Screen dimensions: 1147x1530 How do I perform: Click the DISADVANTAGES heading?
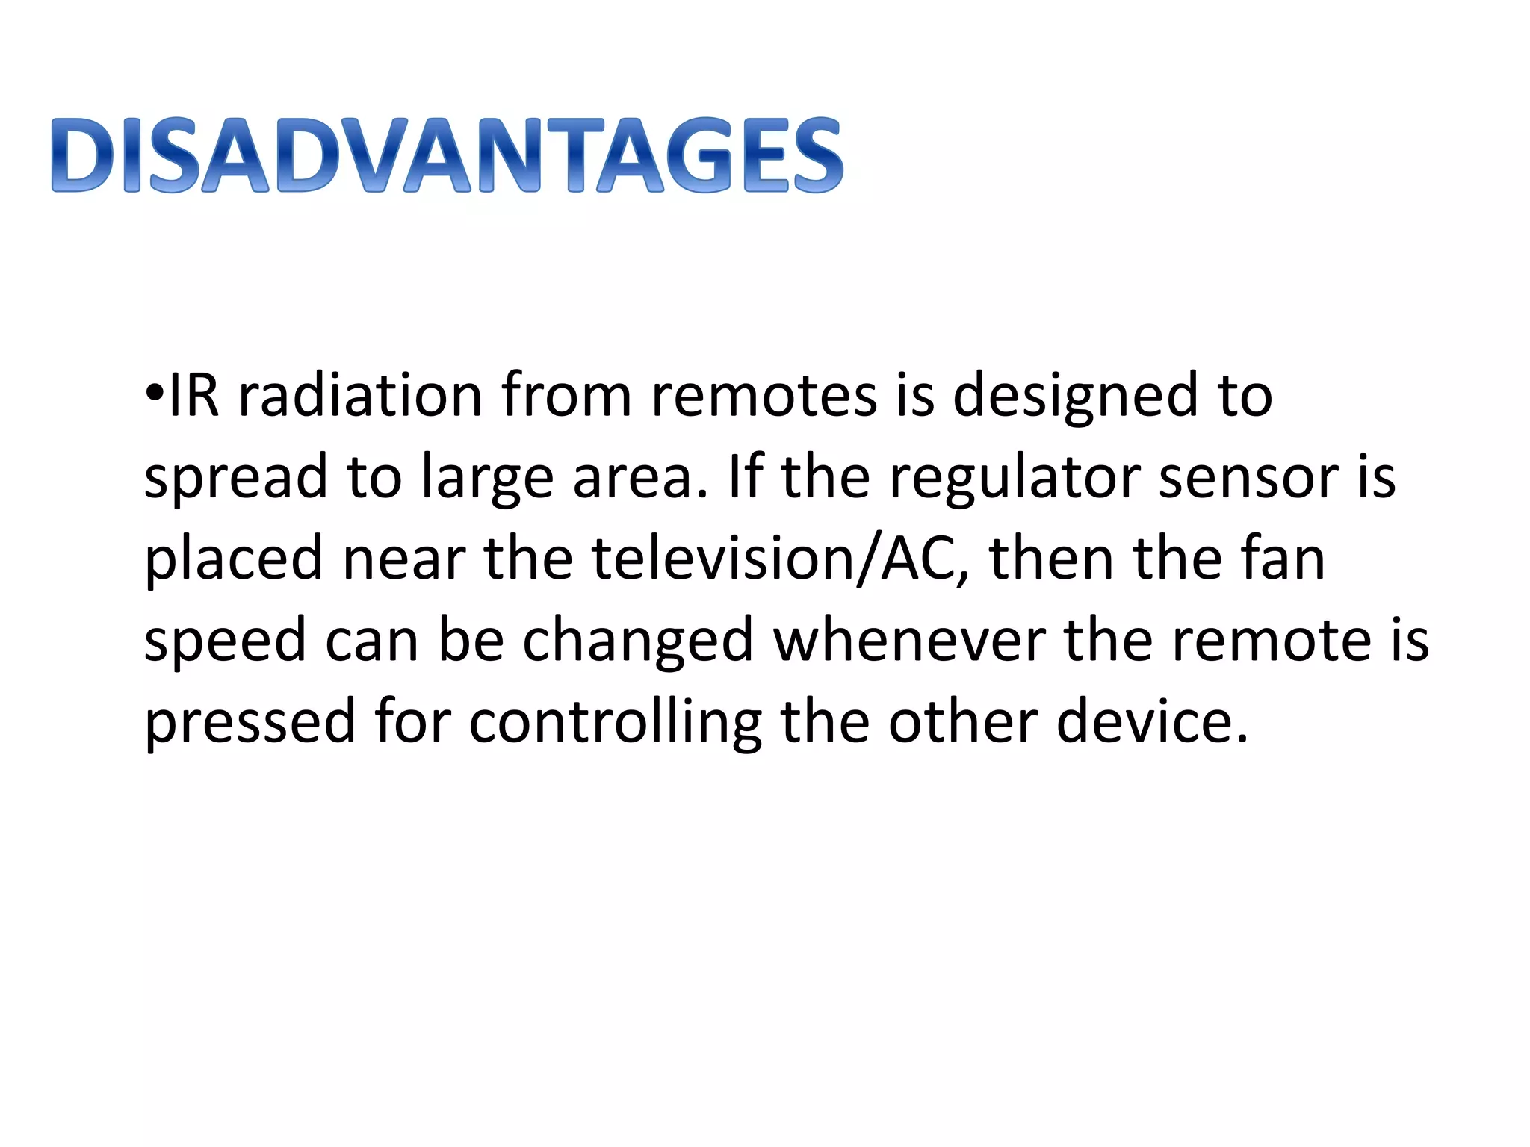pyautogui.click(x=447, y=155)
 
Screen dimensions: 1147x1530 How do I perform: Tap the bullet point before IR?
pyautogui.click(x=155, y=393)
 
